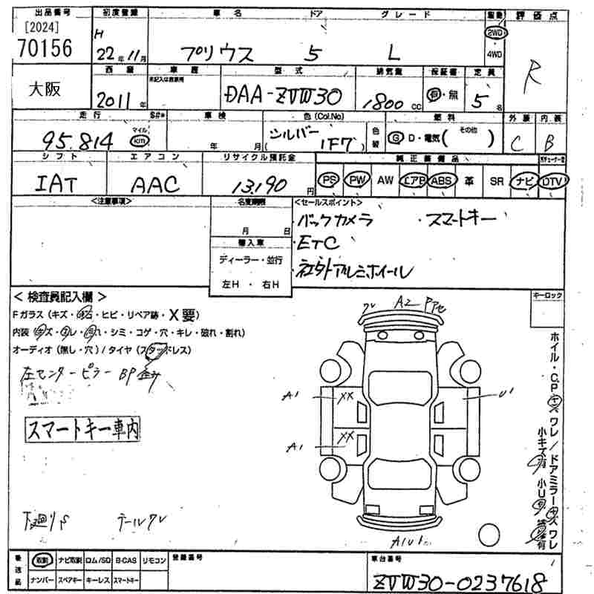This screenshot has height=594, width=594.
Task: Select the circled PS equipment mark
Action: [x=327, y=180]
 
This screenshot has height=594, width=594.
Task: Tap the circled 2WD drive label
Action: [x=493, y=34]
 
